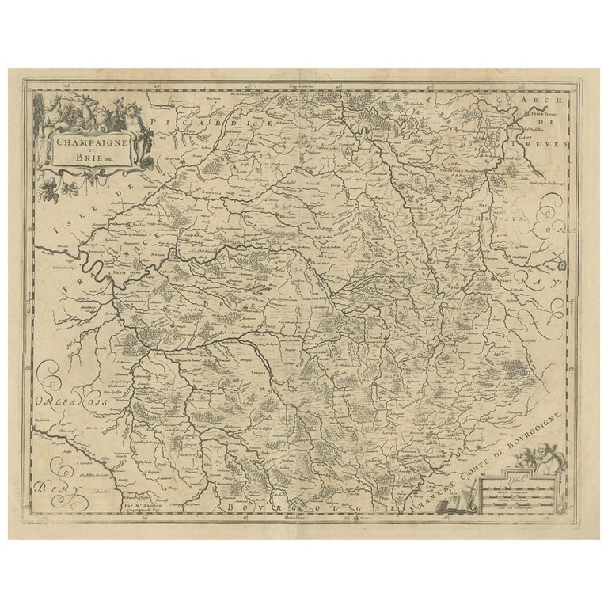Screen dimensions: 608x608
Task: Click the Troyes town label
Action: point(255,370)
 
